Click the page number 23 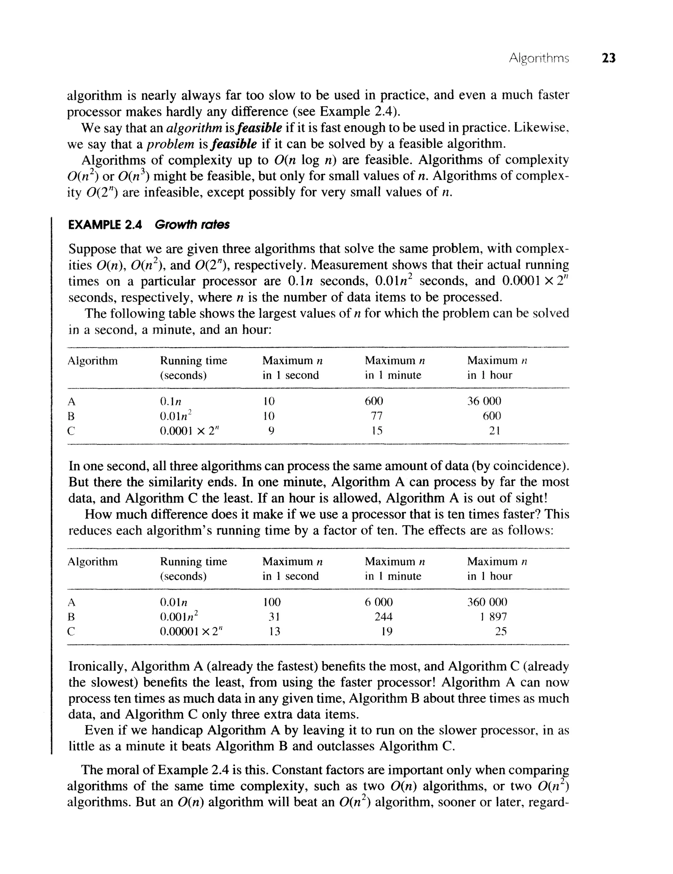(x=609, y=59)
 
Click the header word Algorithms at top (x=539, y=59)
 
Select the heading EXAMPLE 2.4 (x=105, y=225)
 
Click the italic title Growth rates (x=192, y=225)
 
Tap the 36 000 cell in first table (x=484, y=401)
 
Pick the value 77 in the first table (x=377, y=416)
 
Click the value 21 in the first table (x=495, y=431)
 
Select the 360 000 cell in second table (x=487, y=602)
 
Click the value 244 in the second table (x=383, y=617)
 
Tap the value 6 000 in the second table (x=379, y=602)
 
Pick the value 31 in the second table (x=274, y=617)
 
